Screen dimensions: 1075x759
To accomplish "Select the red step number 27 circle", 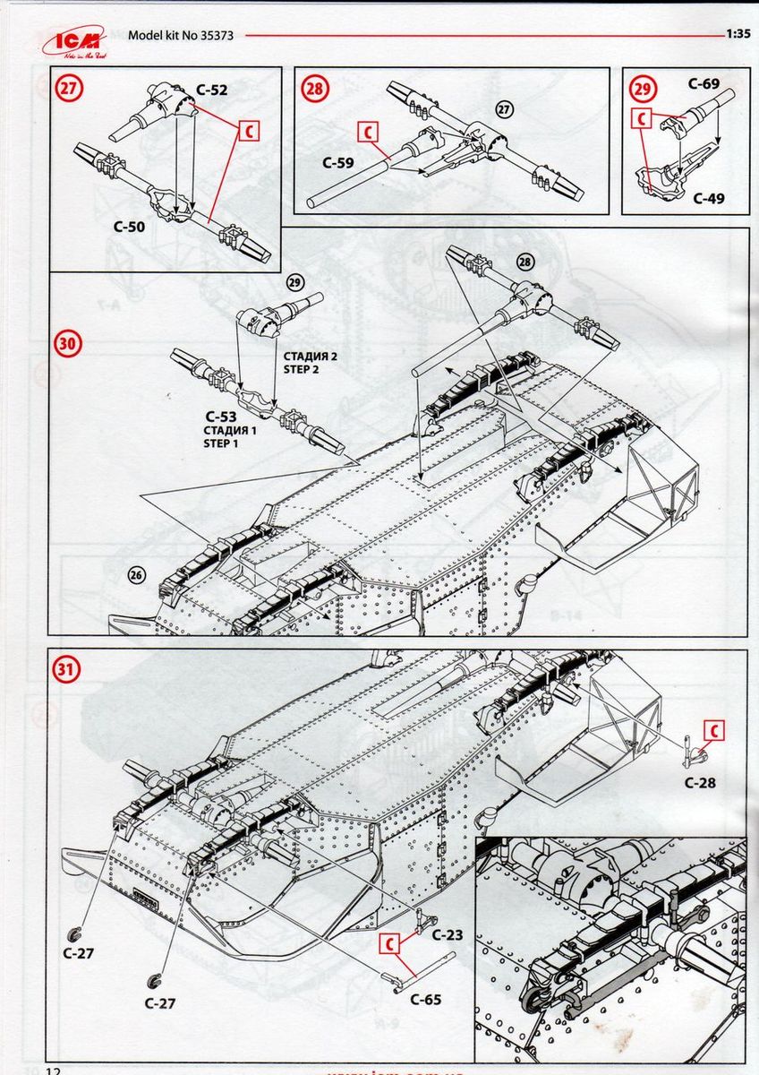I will click(x=68, y=89).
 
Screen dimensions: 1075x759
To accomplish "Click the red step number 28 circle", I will click(x=314, y=89).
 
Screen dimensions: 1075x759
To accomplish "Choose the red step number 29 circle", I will click(x=641, y=89).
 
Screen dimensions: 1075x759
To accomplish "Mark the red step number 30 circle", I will click(x=68, y=343).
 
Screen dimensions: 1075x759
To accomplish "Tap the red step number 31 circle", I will click(x=67, y=668).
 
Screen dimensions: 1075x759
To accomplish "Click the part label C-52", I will click(x=211, y=90).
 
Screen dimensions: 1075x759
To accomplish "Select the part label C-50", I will click(x=130, y=228).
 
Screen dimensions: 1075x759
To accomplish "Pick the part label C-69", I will click(x=704, y=84).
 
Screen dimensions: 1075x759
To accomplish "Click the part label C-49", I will click(x=708, y=198).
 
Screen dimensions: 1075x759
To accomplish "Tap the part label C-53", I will click(x=220, y=417).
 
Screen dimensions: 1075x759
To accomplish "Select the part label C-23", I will click(x=448, y=935).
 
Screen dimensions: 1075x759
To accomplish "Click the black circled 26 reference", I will click(x=136, y=575).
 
